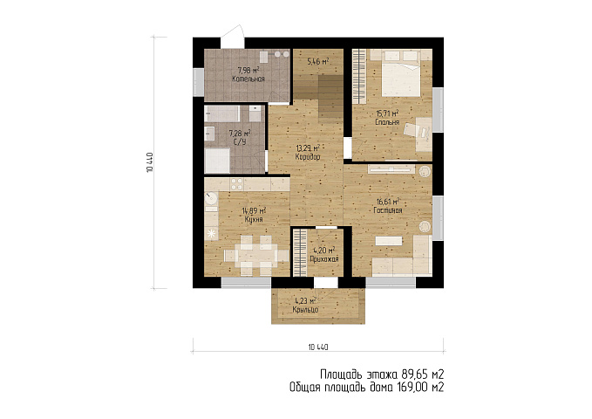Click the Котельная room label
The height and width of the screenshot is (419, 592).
click(248, 79)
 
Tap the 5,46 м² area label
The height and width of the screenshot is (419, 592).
click(317, 61)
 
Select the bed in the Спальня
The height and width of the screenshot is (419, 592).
click(400, 75)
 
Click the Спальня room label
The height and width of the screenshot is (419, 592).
click(387, 122)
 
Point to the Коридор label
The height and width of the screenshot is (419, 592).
click(308, 156)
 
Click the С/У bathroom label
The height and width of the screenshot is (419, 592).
click(240, 141)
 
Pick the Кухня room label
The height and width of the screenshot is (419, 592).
click(254, 219)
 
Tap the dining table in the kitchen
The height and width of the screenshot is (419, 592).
click(256, 255)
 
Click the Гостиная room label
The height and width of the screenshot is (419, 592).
click(388, 210)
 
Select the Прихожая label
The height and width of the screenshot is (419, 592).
click(324, 259)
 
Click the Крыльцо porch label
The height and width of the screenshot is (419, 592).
click(305, 310)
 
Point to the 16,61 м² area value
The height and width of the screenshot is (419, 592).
click(388, 201)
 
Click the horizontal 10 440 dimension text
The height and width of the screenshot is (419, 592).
click(318, 347)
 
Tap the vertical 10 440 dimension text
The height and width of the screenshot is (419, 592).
click(149, 162)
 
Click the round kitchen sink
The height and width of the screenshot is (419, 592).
click(211, 198)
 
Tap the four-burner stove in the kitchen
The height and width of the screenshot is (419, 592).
click(237, 184)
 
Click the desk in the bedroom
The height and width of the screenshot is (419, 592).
click(424, 134)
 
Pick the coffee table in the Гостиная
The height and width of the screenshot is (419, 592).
click(389, 241)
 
